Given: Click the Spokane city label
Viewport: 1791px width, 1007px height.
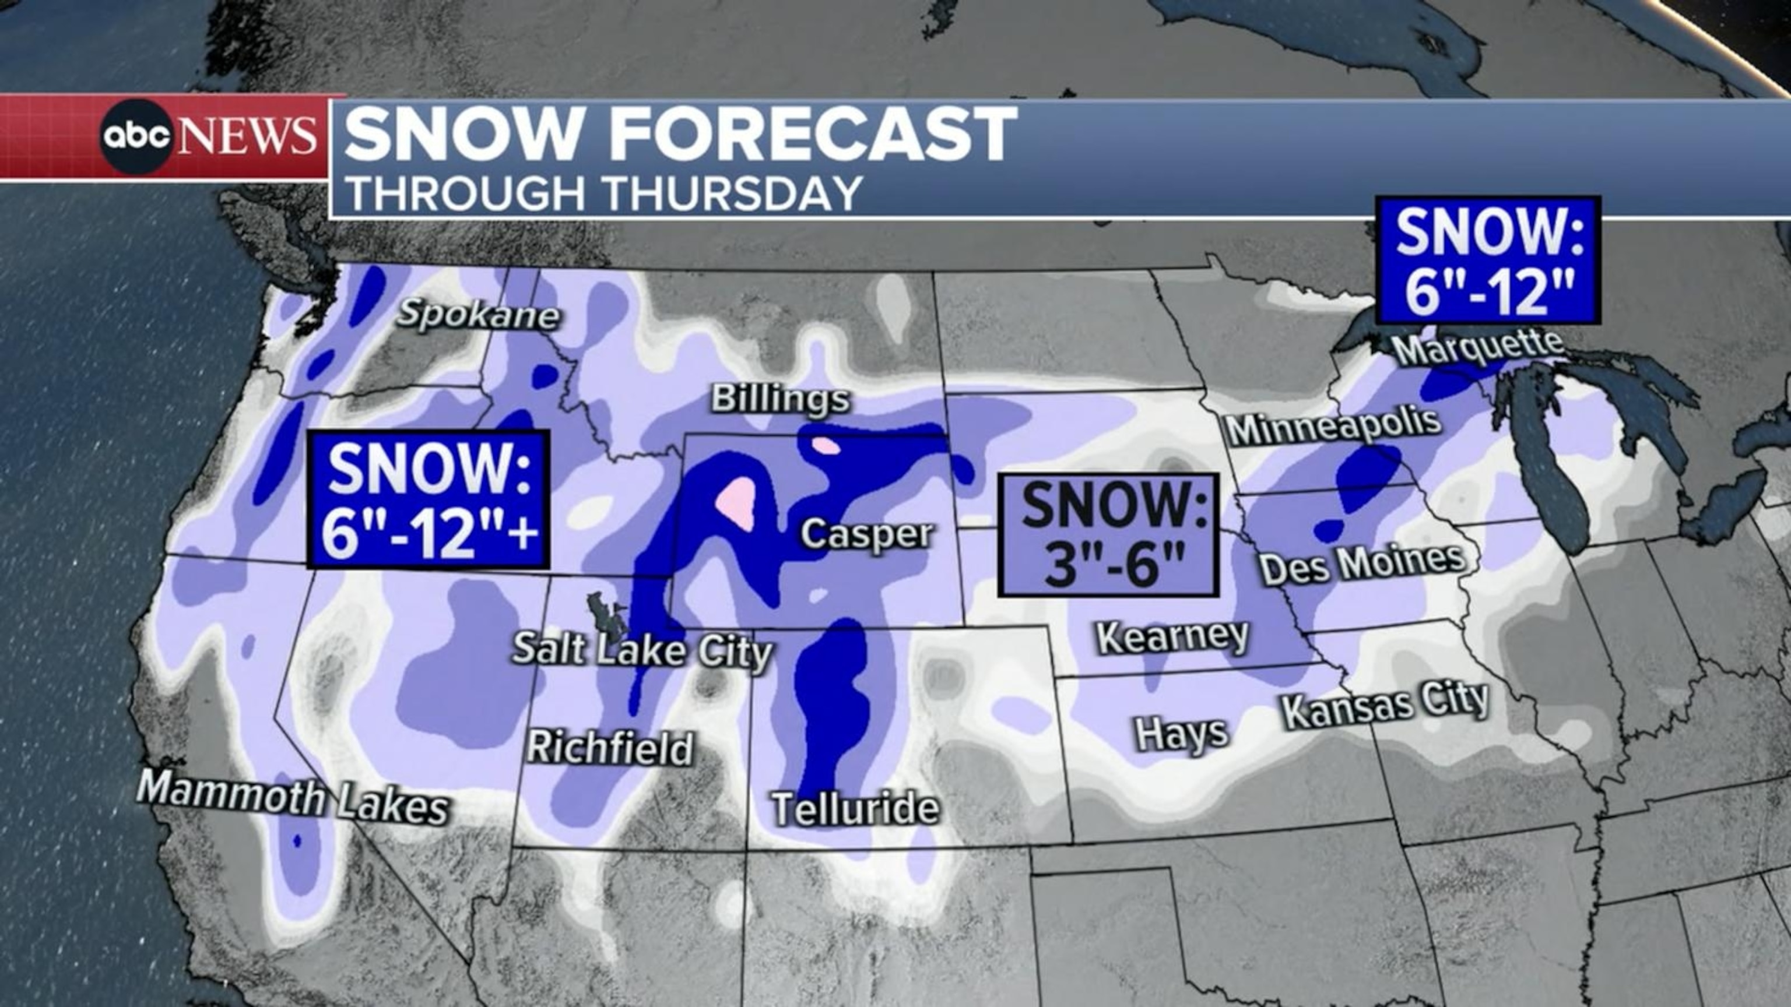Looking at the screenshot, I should point(478,315).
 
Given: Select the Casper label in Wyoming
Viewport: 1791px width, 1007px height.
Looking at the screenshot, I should point(866,534).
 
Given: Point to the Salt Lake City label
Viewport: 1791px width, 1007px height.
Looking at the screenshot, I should point(642,651).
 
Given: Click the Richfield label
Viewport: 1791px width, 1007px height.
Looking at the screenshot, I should point(610,748).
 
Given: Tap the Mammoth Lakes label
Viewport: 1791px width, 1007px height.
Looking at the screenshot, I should point(293,798).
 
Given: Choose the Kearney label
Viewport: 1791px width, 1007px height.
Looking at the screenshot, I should point(1172,636).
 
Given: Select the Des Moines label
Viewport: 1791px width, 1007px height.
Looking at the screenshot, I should point(1362,564).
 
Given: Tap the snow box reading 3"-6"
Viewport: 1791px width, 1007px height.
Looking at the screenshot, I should point(1108,535).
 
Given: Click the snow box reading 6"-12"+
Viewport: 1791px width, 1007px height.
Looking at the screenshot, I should point(429,499).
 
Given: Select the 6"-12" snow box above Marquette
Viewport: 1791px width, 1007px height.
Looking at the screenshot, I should point(1488,260).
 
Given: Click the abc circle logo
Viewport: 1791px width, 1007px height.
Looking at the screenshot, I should point(137,136).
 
